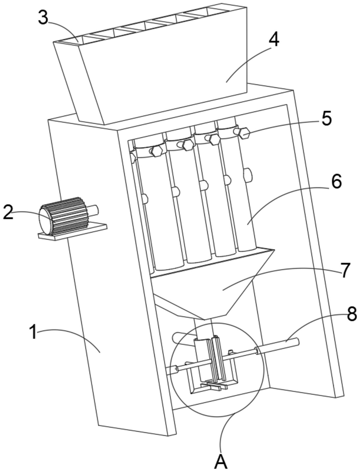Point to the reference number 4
pyautogui.click(x=273, y=40)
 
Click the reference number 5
pyautogui.click(x=326, y=118)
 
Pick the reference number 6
pyautogui.click(x=336, y=182)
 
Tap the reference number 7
pyautogui.click(x=346, y=270)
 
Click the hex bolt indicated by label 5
pyautogui.click(x=243, y=133)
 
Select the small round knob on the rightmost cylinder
pyautogui.click(x=248, y=174)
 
